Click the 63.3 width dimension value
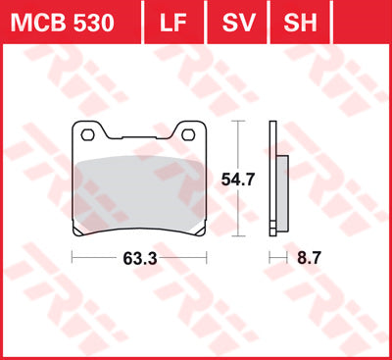[x=139, y=260]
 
